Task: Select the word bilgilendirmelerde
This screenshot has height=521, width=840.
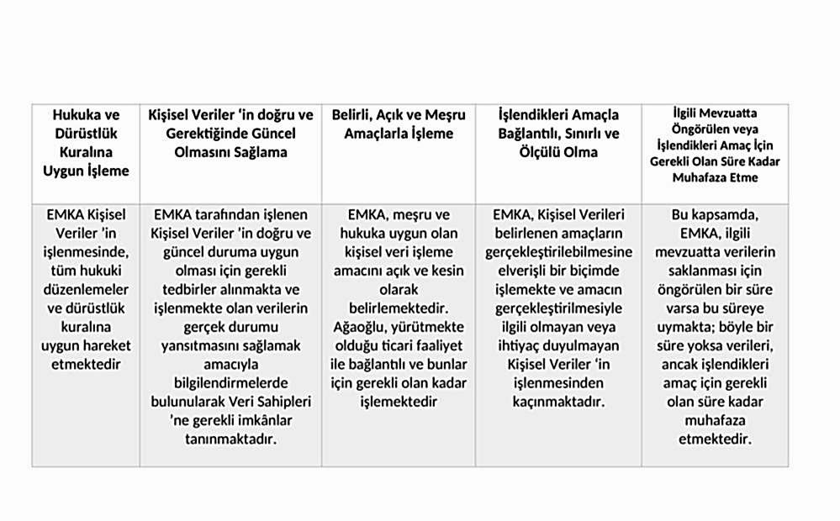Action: coord(230,383)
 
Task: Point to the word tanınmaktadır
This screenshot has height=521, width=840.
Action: coord(230,439)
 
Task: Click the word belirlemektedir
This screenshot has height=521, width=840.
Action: coord(399,308)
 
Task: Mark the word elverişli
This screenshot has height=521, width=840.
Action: coord(522,271)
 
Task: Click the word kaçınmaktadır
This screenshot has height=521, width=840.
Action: coord(558,403)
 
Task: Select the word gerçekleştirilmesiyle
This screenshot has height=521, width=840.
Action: coord(558,308)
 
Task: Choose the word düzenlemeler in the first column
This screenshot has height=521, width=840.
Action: coord(86,289)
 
